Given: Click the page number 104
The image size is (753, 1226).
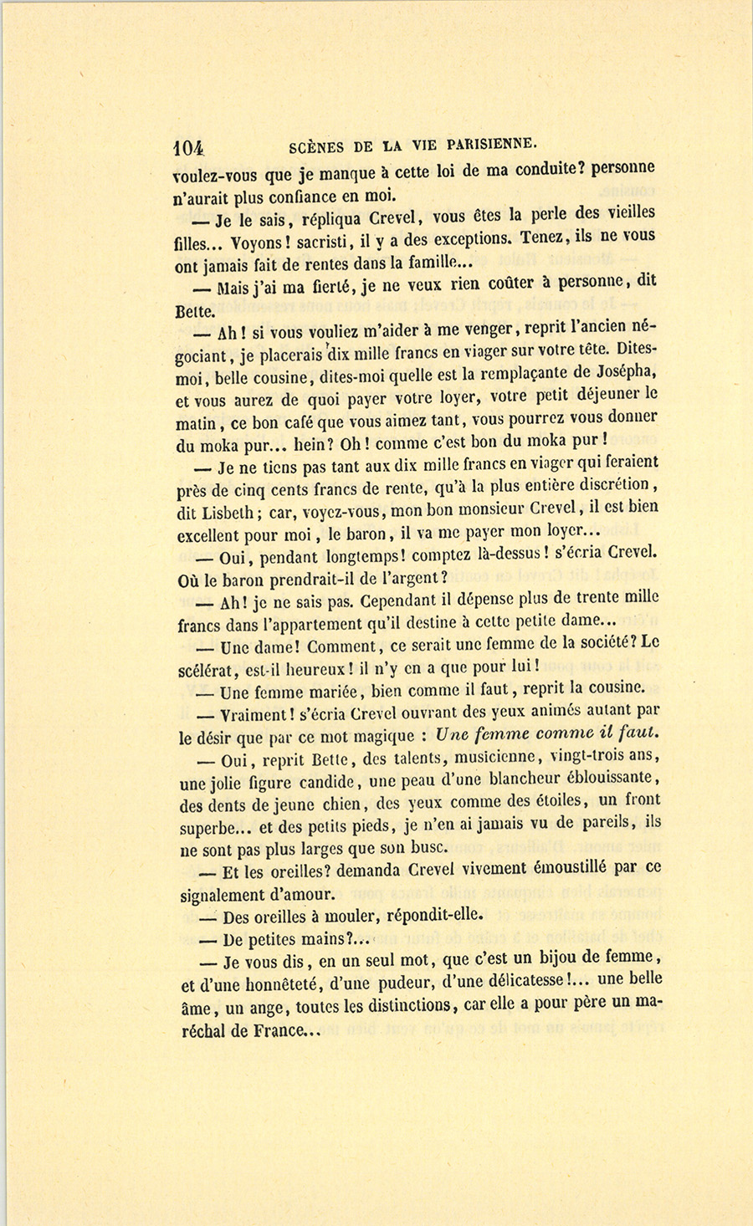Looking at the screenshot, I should [x=188, y=148].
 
